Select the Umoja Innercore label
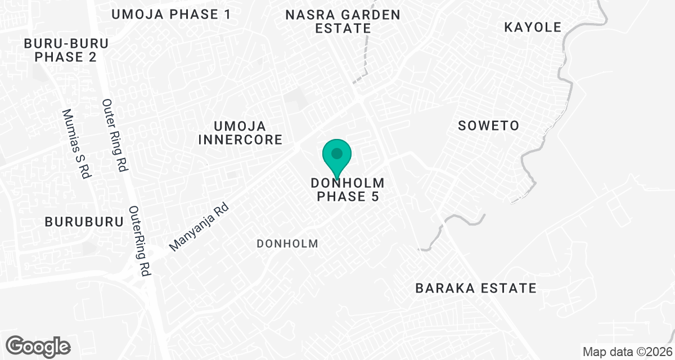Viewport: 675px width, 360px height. click(x=240, y=133)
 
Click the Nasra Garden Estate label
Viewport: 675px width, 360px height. click(x=343, y=21)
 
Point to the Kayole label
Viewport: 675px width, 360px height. click(x=533, y=27)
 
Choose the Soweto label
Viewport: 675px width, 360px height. click(x=488, y=125)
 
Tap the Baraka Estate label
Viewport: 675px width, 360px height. click(x=475, y=288)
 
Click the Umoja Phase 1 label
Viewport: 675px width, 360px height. click(x=171, y=15)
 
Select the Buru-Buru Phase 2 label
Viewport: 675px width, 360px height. click(x=66, y=50)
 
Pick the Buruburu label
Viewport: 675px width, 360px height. click(x=84, y=222)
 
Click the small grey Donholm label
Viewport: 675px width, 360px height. click(x=287, y=244)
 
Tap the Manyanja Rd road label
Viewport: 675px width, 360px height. click(x=200, y=227)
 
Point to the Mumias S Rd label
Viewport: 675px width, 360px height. click(x=76, y=143)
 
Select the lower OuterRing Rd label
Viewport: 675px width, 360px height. click(x=141, y=241)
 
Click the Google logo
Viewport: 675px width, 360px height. click(x=39, y=346)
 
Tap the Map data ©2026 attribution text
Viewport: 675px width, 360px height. click(x=627, y=352)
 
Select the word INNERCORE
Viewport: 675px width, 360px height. click(x=240, y=139)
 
